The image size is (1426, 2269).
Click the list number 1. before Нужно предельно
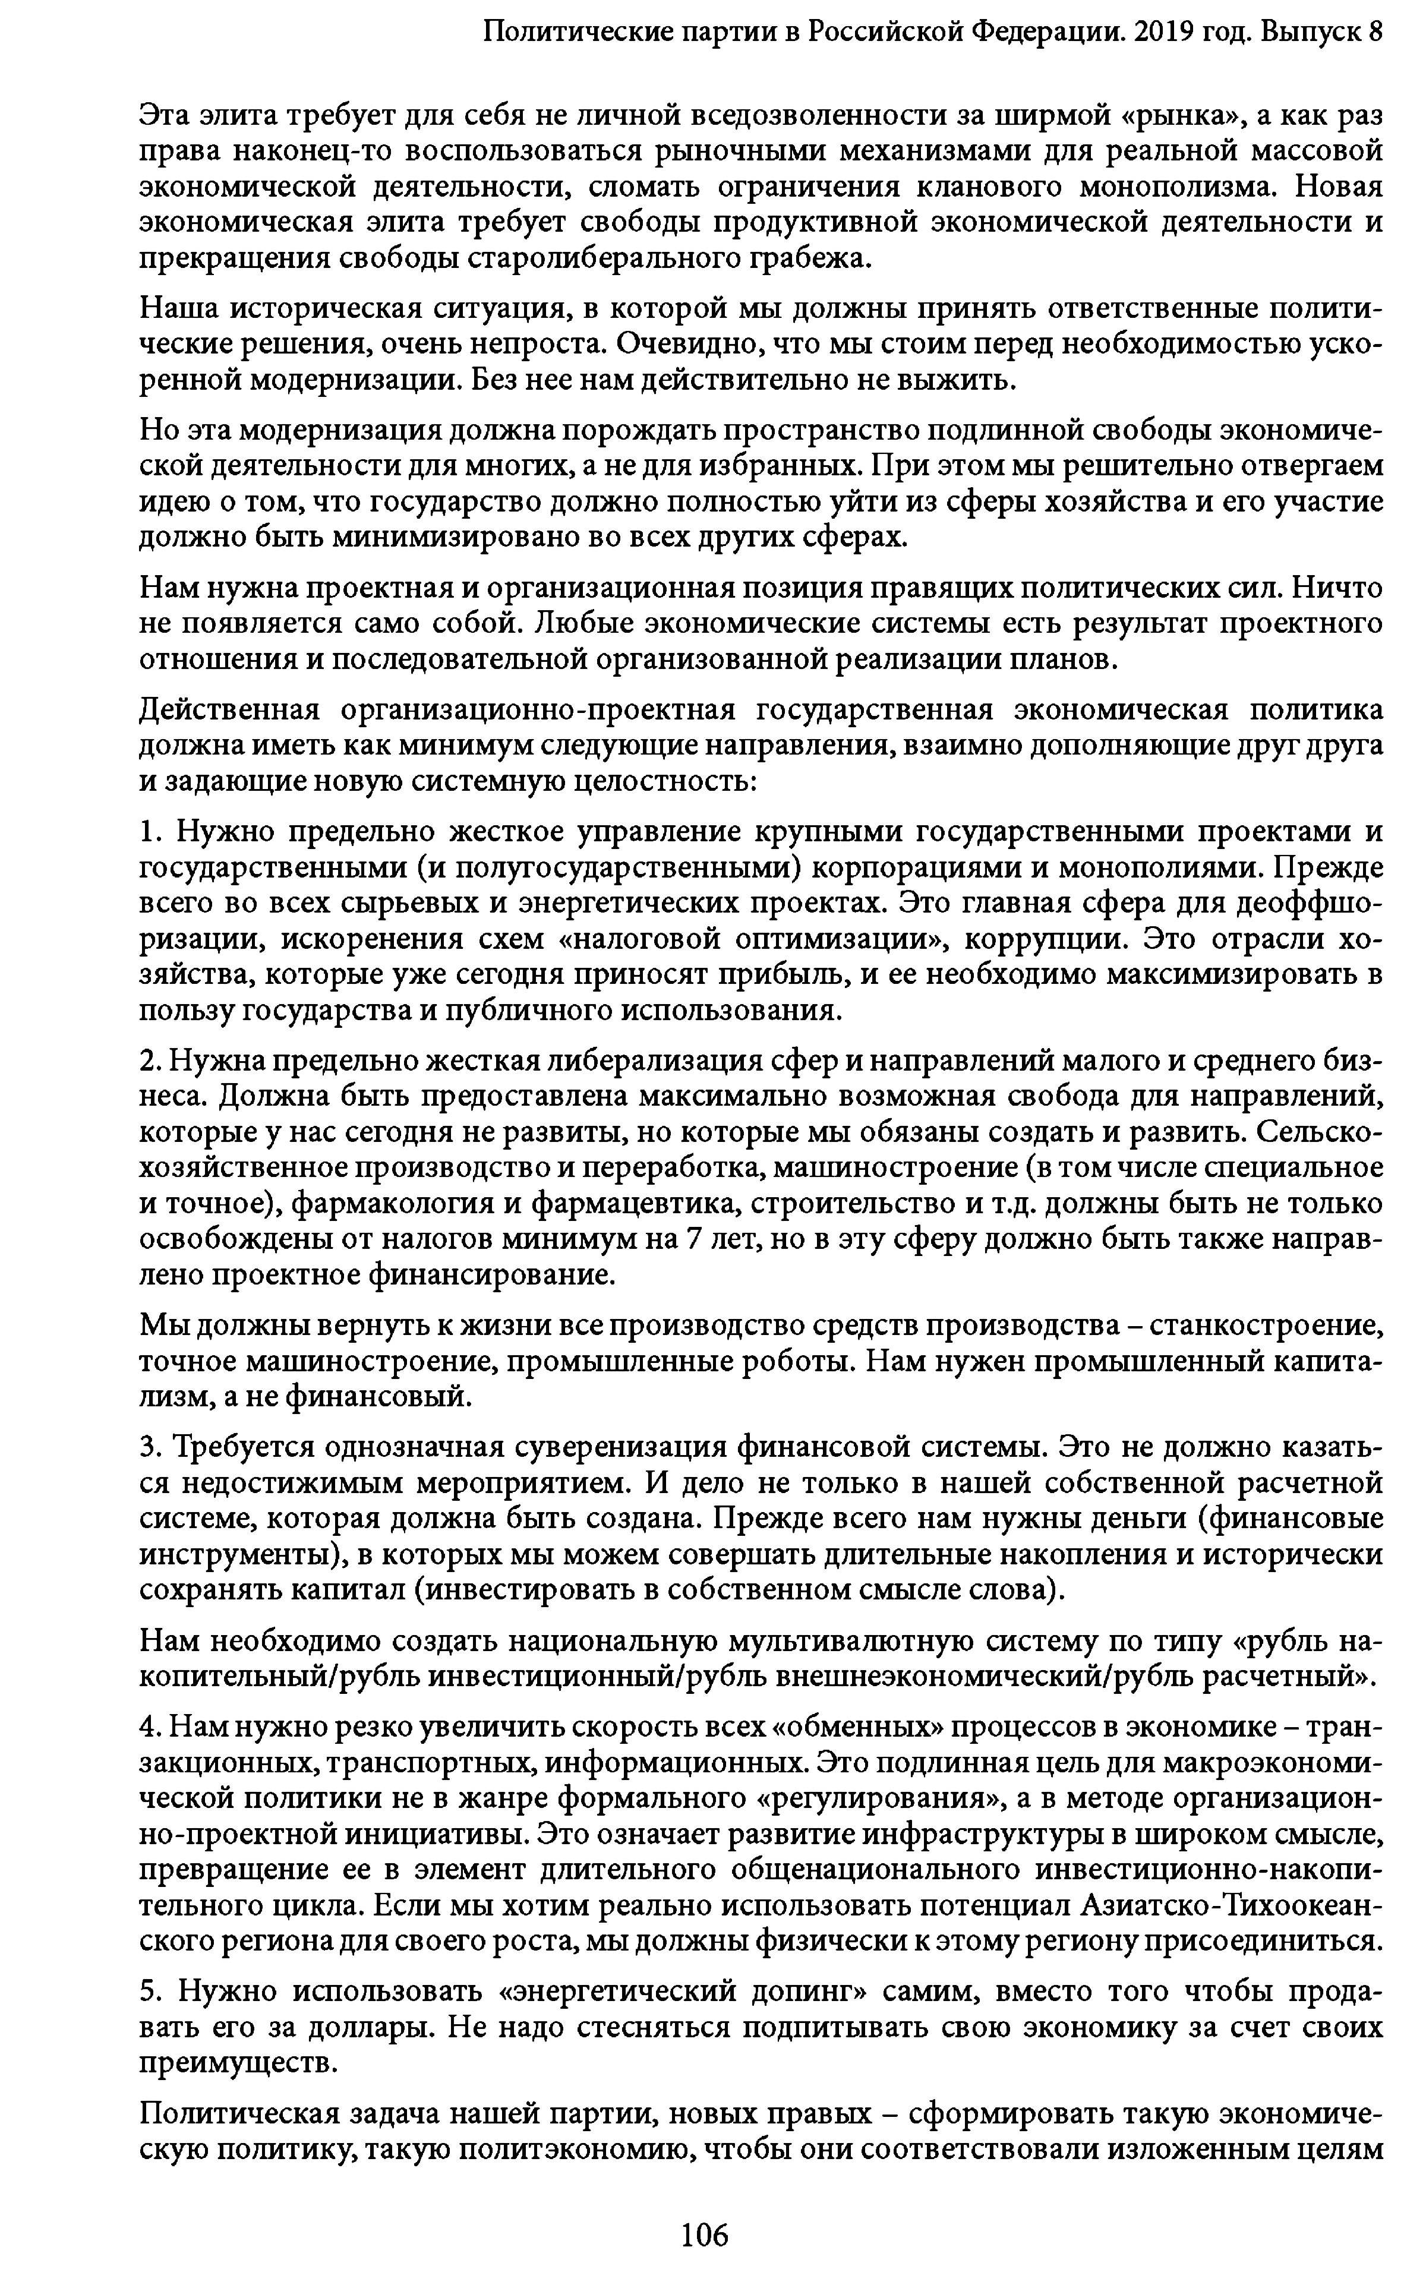pos(152,832)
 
